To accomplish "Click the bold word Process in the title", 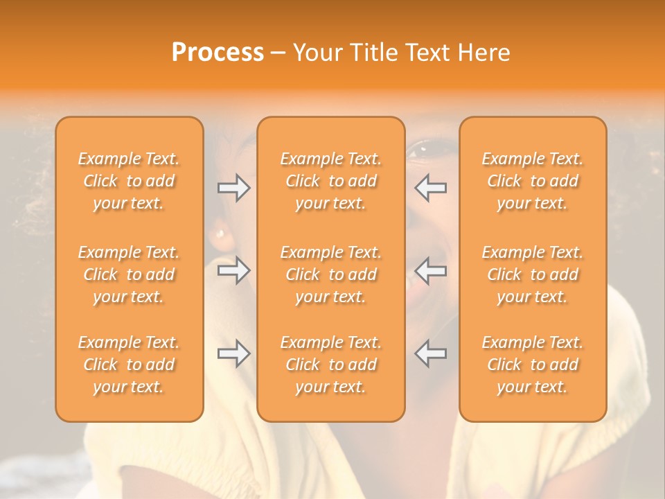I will [x=218, y=53].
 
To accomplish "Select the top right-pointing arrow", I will [x=233, y=188].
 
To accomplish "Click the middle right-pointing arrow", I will [x=233, y=270].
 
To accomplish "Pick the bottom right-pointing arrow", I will [x=233, y=354].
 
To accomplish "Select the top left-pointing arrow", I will [x=431, y=188].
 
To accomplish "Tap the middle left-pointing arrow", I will [x=431, y=270].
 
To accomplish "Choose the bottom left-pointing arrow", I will [x=431, y=354].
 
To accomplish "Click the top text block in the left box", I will [x=129, y=181].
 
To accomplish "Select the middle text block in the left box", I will [x=129, y=274].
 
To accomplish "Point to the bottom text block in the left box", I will [x=129, y=365].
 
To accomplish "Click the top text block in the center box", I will [x=330, y=181].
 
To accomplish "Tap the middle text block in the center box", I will [x=330, y=274].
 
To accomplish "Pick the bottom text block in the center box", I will [x=330, y=365].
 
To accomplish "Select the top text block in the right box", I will [x=532, y=181].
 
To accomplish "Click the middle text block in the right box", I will [x=532, y=274].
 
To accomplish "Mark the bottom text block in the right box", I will [x=532, y=365].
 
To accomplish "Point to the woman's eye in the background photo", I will [x=424, y=148].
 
